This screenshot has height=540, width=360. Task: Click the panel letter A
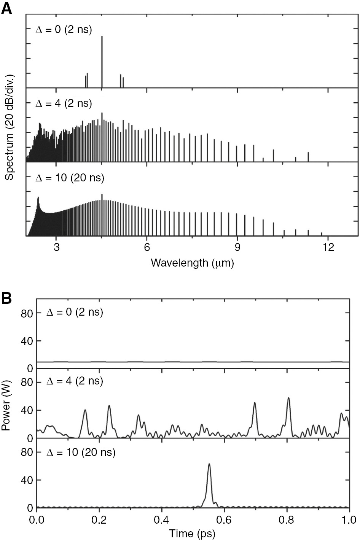coord(7,8)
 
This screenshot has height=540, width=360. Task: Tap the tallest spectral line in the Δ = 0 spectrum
coord(102,37)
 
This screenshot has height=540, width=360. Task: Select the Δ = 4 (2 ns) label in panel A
coord(64,103)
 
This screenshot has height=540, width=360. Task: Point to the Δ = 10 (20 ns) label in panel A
coord(70,178)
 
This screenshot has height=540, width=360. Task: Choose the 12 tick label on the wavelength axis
coord(328,247)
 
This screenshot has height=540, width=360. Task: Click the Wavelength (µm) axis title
coord(192,263)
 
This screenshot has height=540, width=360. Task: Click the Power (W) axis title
coord(6,407)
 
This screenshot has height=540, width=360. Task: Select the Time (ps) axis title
coord(192,533)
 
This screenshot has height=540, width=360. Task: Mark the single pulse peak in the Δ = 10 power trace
coord(209,464)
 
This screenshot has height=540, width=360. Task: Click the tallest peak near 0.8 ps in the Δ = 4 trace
coord(288,398)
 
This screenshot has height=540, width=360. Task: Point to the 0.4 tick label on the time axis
coord(162,519)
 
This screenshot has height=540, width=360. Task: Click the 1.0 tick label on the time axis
coord(349,519)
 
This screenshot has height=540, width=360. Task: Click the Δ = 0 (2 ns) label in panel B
coord(75,313)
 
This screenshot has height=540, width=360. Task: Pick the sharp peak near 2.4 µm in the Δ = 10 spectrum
coord(38,198)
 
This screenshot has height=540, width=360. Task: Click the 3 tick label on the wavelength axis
coord(56,247)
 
